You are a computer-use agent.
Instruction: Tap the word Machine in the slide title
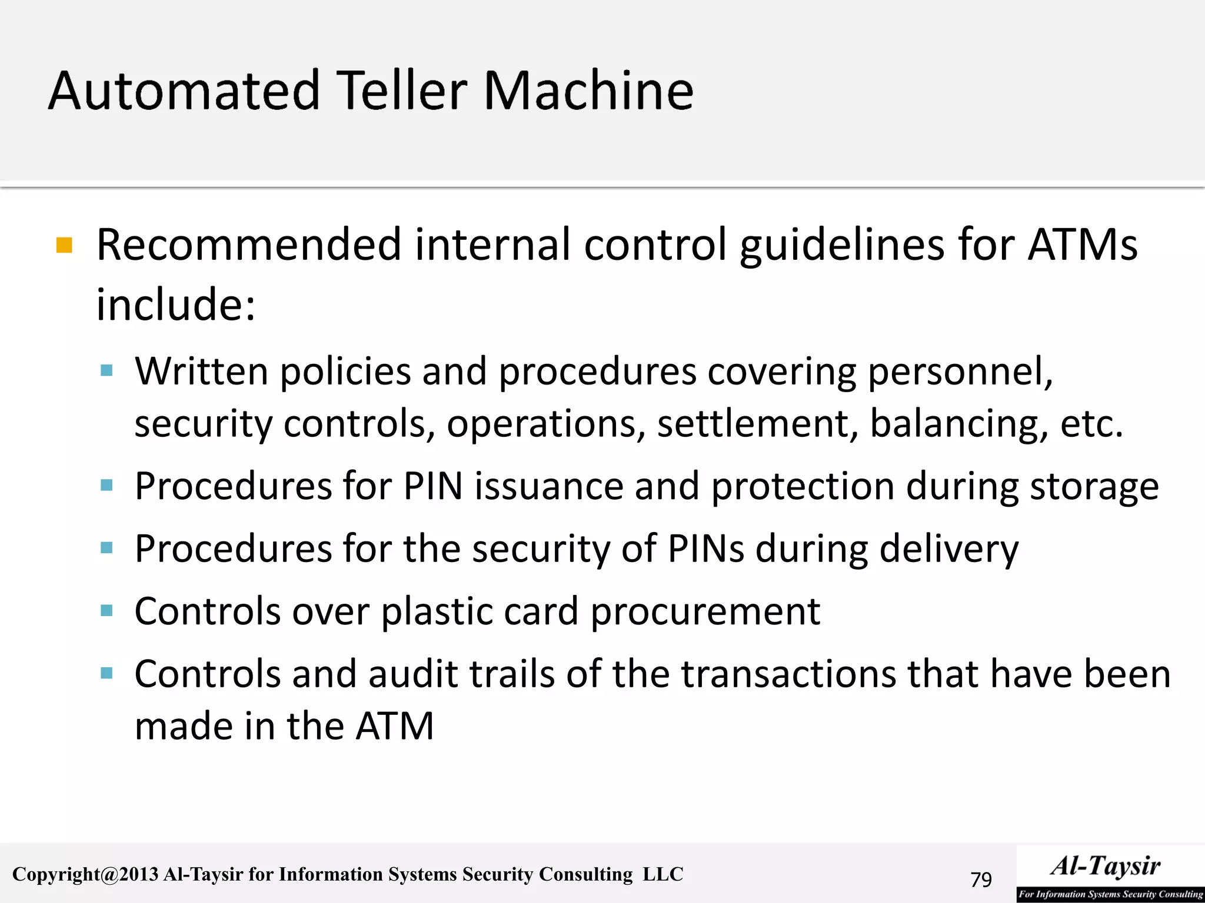click(x=588, y=91)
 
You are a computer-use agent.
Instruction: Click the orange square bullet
click(x=64, y=245)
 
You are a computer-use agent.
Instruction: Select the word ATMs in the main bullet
click(x=1082, y=245)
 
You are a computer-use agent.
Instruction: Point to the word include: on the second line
click(x=176, y=305)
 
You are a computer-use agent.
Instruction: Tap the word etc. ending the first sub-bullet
click(x=1091, y=424)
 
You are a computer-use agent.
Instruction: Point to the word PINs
click(x=705, y=549)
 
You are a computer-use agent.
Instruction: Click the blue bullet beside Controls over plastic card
click(x=106, y=611)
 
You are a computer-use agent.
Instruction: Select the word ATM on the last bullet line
click(x=395, y=726)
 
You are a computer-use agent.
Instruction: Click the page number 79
click(x=981, y=879)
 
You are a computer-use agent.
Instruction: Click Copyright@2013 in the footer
click(x=85, y=875)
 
